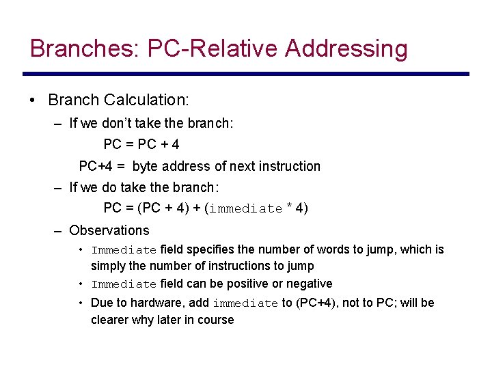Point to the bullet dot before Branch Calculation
pyautogui.click(x=33, y=100)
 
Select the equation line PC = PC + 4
pyautogui.click(x=141, y=145)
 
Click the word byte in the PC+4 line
pyautogui.click(x=144, y=166)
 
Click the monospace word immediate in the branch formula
pyautogui.click(x=245, y=209)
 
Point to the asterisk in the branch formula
pyautogui.click(x=290, y=208)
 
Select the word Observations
pyautogui.click(x=109, y=230)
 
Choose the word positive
pyautogui.click(x=255, y=284)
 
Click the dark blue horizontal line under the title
pyautogui.click(x=246, y=74)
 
